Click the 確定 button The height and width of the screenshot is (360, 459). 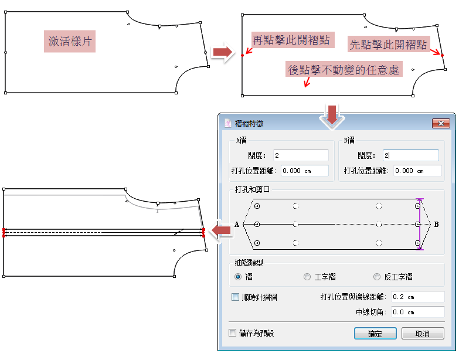375,334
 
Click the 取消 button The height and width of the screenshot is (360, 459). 422,334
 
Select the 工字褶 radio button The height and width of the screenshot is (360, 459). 307,277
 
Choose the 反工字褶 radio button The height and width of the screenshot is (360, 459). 377,277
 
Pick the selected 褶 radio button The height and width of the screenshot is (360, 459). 238,277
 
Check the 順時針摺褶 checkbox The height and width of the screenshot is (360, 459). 236,297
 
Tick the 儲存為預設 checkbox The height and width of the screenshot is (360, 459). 232,333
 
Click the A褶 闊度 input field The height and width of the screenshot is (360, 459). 300,155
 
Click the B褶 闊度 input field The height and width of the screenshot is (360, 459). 410,155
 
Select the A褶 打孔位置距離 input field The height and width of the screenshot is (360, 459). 304,171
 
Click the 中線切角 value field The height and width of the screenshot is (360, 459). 417,312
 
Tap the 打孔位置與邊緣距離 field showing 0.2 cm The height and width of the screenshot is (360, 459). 417,297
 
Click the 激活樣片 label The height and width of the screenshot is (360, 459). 70,42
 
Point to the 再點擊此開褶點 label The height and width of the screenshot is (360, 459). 290,40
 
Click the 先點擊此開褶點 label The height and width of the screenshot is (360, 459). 388,45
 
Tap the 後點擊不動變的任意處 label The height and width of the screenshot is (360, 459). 344,70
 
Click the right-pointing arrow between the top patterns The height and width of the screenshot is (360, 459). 222,53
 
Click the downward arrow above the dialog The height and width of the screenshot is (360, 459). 332,114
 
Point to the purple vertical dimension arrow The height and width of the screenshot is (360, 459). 419,224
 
